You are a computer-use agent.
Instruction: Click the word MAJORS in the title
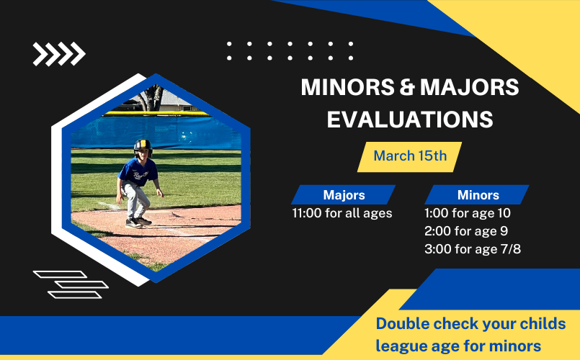coord(469,87)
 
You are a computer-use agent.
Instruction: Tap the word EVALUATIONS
coord(410,120)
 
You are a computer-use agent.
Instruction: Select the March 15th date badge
coord(409,157)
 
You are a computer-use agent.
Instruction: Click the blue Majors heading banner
coord(343,195)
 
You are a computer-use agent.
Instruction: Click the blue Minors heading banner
coord(477,195)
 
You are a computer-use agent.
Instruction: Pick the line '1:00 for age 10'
coord(467,213)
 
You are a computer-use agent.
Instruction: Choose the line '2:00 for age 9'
coord(466,231)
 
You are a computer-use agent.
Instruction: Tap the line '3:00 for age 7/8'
coord(473,249)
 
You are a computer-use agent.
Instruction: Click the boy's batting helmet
coord(143,147)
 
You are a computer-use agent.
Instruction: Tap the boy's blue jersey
coord(138,172)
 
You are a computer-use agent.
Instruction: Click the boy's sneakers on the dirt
coord(138,222)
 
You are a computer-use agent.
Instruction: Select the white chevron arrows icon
coord(59,54)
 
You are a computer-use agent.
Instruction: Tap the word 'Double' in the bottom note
coord(402,324)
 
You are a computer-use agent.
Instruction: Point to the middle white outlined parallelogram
coord(81,284)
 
